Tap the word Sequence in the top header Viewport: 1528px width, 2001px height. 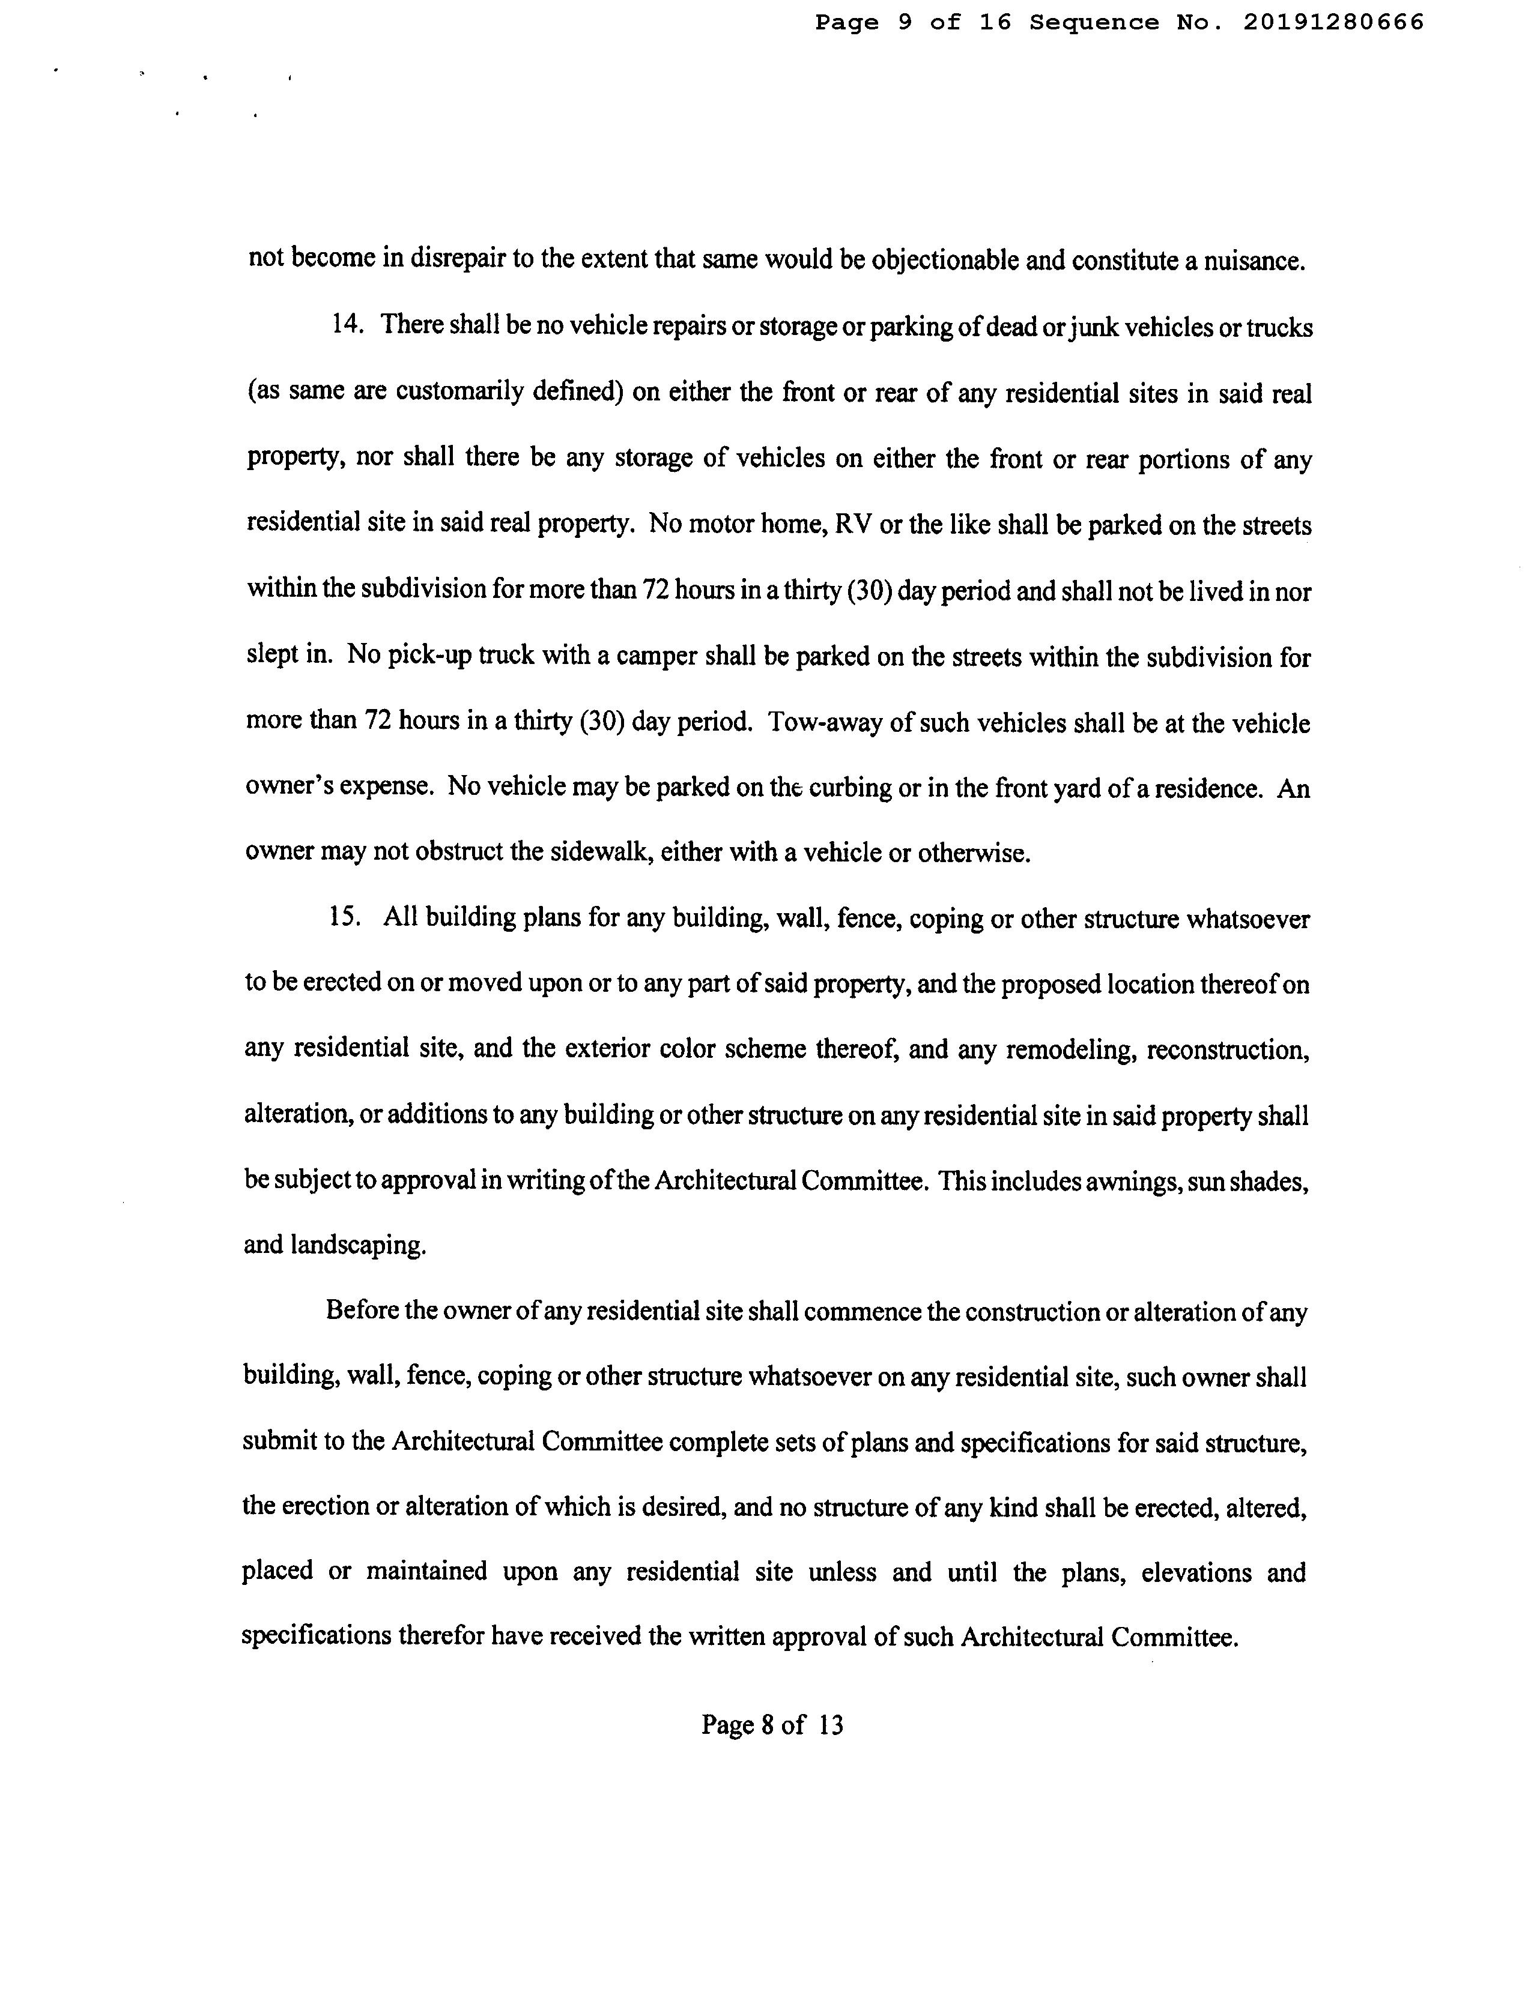point(1094,23)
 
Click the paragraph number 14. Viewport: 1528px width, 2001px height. point(347,325)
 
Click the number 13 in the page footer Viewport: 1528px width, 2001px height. point(831,1725)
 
